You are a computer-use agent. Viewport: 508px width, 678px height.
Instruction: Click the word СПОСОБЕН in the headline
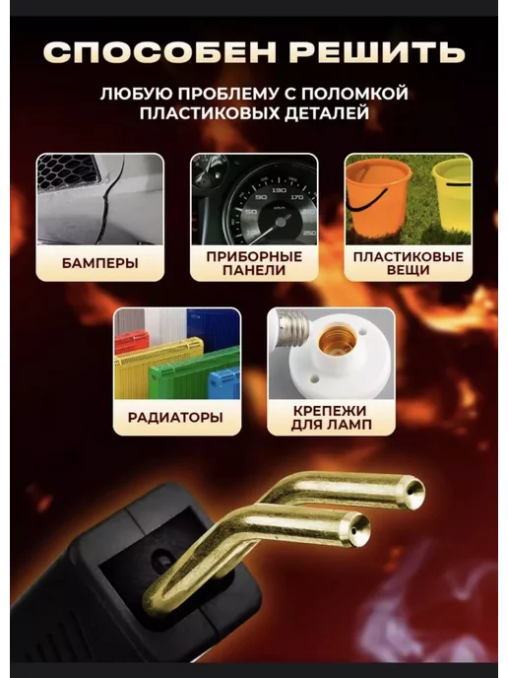point(159,52)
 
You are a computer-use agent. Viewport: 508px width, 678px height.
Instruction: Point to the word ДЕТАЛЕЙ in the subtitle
point(327,113)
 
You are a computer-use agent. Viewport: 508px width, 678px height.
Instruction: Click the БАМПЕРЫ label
point(99,263)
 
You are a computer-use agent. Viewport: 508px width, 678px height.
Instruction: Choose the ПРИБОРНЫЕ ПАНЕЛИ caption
point(254,263)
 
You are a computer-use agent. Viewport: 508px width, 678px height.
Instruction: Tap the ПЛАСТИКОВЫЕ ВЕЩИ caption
point(409,263)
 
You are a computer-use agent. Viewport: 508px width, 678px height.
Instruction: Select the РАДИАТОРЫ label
point(175,417)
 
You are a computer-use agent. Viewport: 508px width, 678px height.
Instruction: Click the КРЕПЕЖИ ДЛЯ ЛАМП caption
point(331,417)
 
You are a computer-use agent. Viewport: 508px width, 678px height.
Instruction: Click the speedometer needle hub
point(281,222)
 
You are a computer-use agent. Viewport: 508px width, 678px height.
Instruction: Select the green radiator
point(194,372)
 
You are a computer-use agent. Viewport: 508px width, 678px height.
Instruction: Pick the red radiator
point(131,342)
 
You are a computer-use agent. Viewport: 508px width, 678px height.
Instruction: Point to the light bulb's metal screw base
point(291,327)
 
